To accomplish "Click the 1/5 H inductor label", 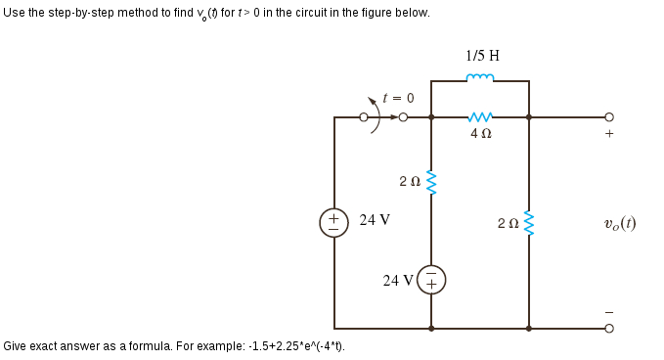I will coord(483,55).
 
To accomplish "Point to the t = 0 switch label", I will coord(399,98).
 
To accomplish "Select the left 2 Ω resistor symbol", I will coord(431,180).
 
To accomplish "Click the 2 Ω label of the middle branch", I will coord(410,181).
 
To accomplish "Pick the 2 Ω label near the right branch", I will coord(508,224).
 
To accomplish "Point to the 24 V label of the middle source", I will coord(398,281).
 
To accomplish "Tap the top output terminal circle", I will coord(608,117).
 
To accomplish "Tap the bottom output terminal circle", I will coord(608,329).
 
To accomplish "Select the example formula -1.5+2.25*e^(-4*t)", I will coord(294,346).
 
